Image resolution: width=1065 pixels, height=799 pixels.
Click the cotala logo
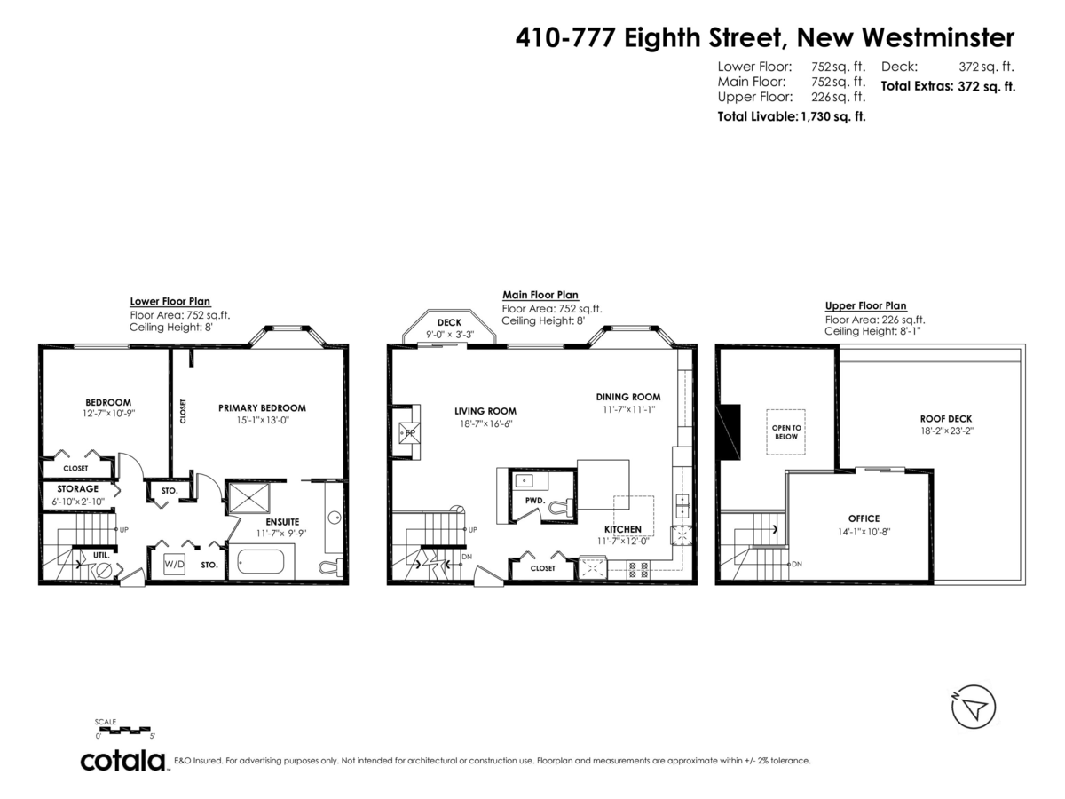coord(123,761)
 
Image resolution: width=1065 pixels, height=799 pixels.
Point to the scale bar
coord(125,730)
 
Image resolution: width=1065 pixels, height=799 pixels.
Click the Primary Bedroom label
coord(262,408)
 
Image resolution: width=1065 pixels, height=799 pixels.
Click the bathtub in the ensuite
coord(260,563)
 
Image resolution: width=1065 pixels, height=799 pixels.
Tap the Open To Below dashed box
coord(785,431)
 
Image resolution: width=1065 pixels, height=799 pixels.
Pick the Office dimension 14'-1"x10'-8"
coord(863,531)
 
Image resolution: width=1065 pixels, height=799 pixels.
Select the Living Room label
coord(485,411)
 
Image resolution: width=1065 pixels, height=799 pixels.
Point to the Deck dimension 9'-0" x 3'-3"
coord(450,335)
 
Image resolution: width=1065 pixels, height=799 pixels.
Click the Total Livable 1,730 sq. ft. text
coord(791,115)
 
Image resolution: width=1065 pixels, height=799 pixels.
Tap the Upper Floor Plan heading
coord(865,305)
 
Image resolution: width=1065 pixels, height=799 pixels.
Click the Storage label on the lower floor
coord(77,488)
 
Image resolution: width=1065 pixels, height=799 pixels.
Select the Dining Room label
coord(628,397)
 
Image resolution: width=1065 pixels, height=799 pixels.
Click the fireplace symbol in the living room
coord(410,434)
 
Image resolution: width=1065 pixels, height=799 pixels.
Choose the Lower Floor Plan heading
coord(170,301)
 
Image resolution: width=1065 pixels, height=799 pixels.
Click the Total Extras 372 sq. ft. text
coord(947,86)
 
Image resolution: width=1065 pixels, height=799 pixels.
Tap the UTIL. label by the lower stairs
coord(100,555)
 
